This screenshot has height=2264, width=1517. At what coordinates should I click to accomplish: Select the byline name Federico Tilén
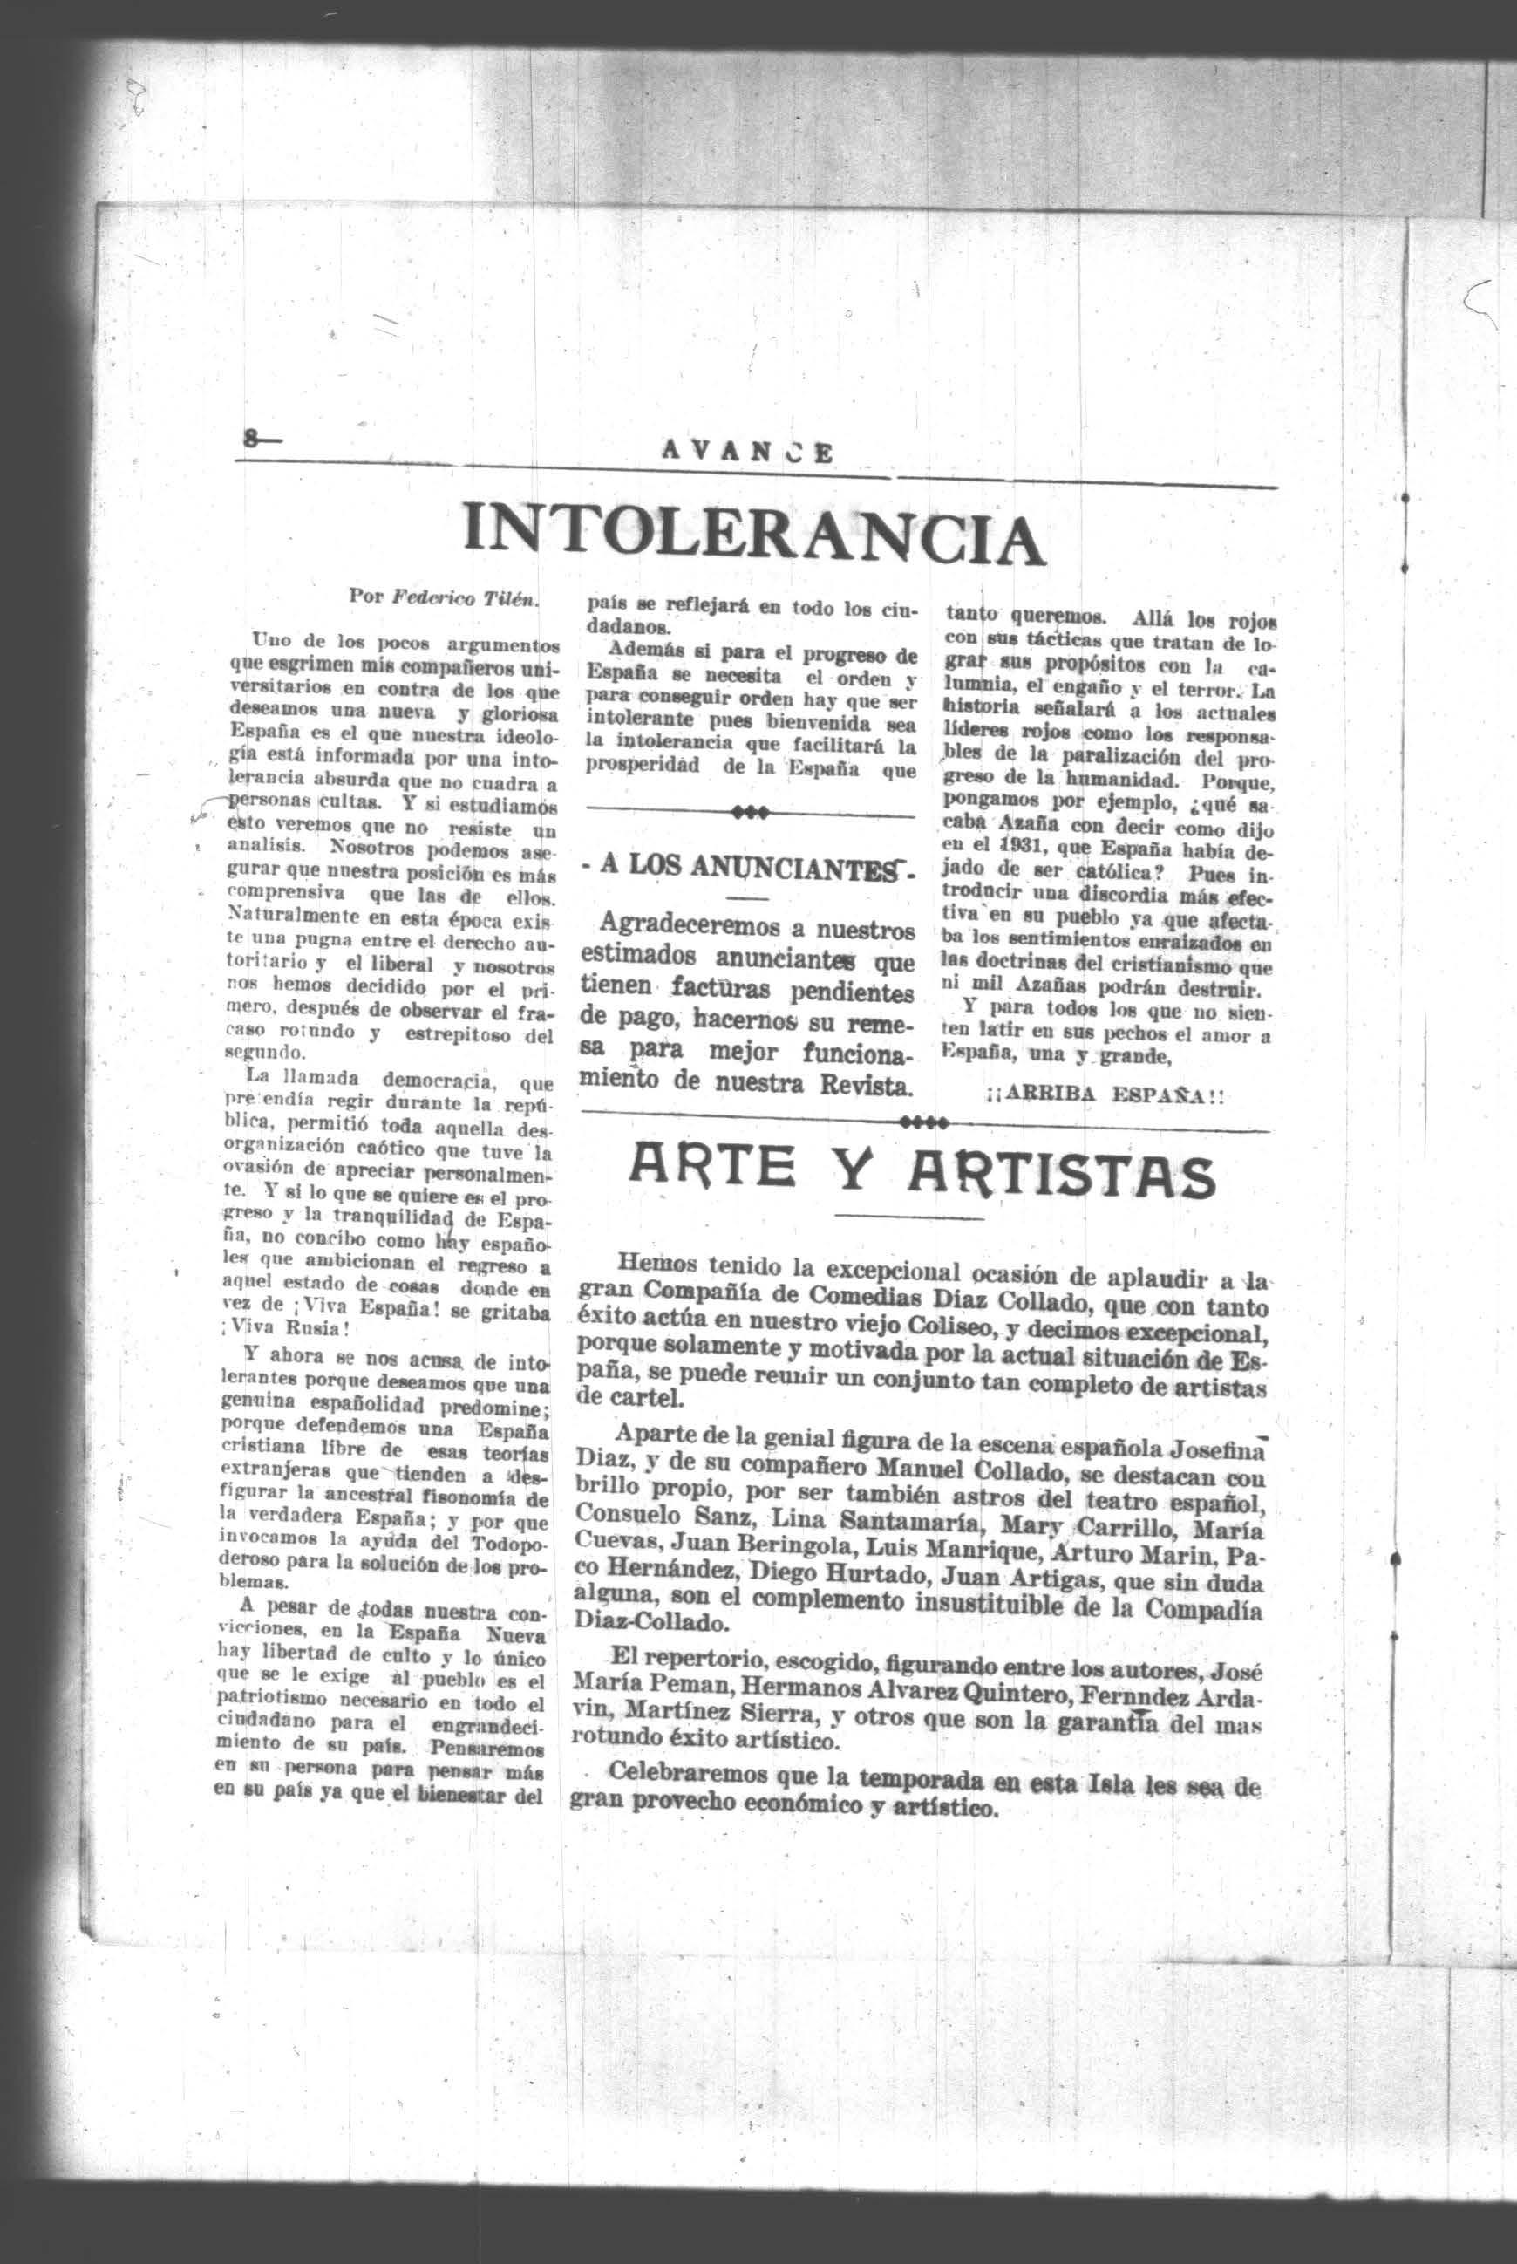pos(466,599)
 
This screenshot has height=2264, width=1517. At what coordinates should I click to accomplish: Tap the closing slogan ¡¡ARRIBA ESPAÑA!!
pos(1105,1096)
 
